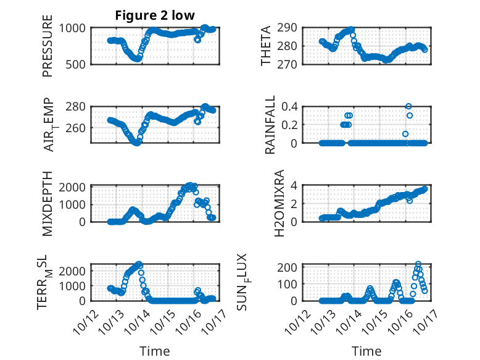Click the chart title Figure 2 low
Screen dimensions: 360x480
[x=154, y=16]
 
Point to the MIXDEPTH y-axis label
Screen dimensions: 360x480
[x=48, y=203]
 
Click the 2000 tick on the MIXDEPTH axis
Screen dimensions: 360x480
[x=76, y=186]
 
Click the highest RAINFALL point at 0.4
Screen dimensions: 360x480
[x=408, y=106]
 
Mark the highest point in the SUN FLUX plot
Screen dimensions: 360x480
[x=418, y=264]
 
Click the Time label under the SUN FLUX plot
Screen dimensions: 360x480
[x=366, y=351]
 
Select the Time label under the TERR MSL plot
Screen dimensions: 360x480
[x=154, y=351]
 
